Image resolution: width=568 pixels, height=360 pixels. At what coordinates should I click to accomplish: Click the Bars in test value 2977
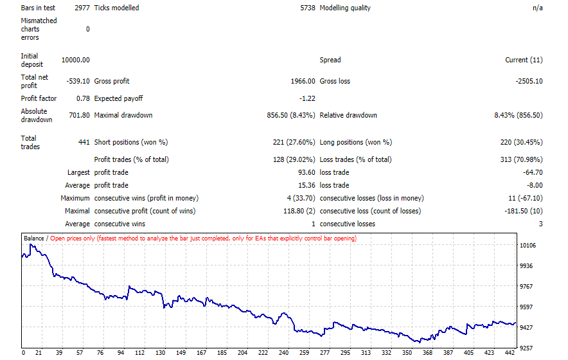point(82,8)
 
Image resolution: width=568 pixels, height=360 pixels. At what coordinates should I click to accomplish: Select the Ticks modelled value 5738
point(308,8)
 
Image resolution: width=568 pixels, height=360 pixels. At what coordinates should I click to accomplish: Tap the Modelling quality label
point(345,8)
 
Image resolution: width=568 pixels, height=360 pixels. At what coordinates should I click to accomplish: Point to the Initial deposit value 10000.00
point(75,60)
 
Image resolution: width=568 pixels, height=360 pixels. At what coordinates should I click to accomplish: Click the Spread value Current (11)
point(524,60)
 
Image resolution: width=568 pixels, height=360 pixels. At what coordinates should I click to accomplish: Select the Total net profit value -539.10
point(78,81)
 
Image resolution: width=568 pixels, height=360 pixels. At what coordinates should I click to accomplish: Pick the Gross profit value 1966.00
point(303,81)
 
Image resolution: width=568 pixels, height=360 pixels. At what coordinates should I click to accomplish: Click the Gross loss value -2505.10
point(529,81)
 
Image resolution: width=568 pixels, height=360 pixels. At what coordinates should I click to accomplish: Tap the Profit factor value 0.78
point(83,98)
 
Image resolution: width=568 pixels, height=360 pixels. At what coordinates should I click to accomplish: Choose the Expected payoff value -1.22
point(307,98)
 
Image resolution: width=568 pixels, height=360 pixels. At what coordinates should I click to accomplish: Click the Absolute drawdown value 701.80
point(79,115)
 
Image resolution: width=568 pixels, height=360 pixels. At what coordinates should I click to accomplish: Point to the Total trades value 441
point(84,142)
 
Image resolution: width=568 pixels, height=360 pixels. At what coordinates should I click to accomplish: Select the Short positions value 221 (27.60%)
point(294,142)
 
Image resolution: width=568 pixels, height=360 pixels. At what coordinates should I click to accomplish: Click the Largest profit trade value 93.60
point(306,172)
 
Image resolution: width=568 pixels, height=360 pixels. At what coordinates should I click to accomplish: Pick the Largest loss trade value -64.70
point(533,172)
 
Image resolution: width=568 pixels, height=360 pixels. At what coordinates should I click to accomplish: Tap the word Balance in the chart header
point(33,239)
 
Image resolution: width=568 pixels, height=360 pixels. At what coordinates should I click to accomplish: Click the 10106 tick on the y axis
point(528,246)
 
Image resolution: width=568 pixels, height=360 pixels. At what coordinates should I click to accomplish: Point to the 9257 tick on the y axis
point(526,348)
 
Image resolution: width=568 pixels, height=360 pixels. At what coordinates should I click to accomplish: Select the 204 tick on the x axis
point(242,352)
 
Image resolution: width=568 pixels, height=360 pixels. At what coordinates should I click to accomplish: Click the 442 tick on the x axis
point(510,352)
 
